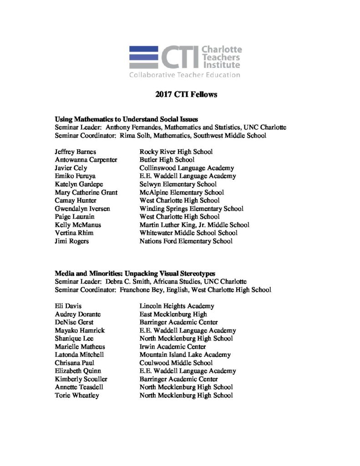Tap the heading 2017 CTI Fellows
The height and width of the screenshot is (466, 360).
pos(179,95)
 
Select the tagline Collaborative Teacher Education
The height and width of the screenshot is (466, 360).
pos(184,75)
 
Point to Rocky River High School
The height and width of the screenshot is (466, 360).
pos(176,152)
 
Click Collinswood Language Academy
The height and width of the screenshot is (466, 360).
pos(187,168)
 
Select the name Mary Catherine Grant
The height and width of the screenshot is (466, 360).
pos(86,192)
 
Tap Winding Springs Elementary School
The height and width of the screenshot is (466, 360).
pos(191,208)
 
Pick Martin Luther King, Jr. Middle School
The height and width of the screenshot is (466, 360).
pos(194,225)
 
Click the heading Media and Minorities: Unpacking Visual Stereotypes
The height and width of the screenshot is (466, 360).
pos(135,274)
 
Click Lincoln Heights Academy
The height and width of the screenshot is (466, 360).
pos(177,306)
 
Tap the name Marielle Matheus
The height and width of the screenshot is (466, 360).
pos(80,347)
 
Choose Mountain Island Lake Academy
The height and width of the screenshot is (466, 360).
pos(185,355)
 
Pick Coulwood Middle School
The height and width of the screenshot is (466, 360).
pos(176,363)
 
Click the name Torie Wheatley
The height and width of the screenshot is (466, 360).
pos(77,395)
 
